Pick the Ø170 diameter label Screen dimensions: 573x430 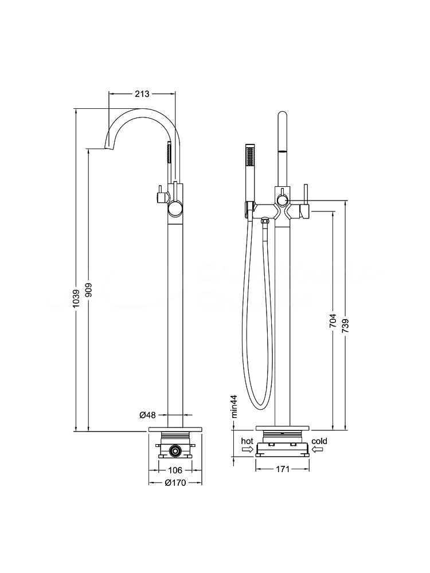(176, 482)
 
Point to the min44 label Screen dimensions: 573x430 (234, 407)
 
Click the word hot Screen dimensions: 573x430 (247, 441)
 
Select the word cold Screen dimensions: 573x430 (319, 441)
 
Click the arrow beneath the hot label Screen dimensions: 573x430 (247, 450)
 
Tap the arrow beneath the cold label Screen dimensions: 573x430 (318, 450)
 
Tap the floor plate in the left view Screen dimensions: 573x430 (175, 429)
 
